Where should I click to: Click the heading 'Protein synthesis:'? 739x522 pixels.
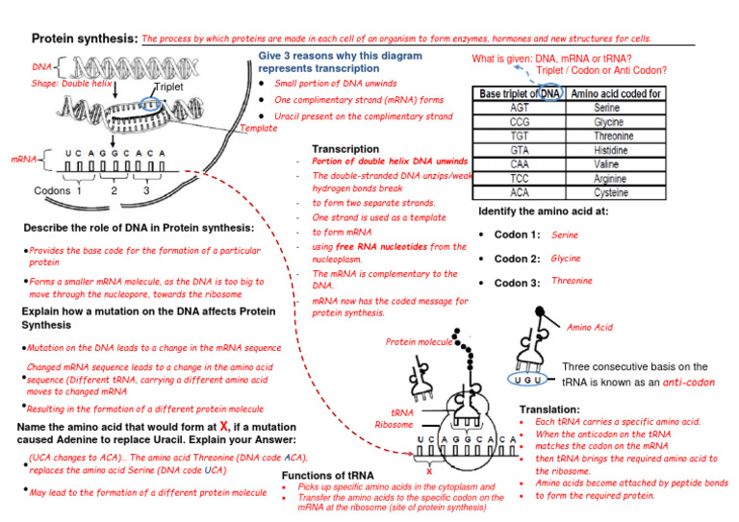[85, 39]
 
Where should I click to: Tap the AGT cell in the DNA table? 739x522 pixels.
[518, 109]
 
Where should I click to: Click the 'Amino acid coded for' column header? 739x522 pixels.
[616, 93]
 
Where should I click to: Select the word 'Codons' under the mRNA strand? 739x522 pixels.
[51, 190]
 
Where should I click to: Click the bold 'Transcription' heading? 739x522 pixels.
[344, 149]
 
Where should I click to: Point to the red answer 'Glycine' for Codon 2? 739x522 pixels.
[566, 259]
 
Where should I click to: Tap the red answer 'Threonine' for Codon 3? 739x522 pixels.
[572, 281]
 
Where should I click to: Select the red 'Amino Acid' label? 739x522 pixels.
[590, 328]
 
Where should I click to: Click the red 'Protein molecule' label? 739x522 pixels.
[419, 341]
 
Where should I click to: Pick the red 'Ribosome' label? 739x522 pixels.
[394, 424]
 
